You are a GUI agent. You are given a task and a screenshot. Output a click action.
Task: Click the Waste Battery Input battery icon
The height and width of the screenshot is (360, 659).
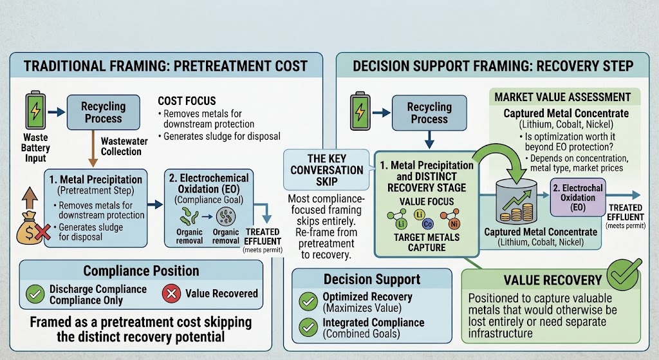pos(36,110)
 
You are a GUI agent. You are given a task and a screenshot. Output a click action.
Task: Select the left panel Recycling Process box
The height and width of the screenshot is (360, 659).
pos(104,112)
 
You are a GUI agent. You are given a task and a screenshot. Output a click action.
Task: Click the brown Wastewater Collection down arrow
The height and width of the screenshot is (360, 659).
pos(93,148)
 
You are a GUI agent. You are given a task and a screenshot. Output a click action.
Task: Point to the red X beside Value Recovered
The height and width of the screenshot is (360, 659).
pos(171,294)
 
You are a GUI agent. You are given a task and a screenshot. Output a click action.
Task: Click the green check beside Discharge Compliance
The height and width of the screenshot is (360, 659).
pos(35,294)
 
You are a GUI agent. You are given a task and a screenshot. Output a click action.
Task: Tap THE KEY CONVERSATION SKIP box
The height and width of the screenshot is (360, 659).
pos(326,170)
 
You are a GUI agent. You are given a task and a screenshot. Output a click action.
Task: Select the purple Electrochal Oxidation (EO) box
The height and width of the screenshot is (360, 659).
pos(577,197)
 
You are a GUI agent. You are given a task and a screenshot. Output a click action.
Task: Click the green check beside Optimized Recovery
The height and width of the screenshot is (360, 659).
pos(308,301)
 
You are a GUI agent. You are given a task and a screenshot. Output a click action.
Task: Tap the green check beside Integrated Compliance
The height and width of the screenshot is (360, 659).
pos(308,328)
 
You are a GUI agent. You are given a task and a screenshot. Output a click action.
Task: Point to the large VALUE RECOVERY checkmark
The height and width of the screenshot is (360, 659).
pos(624,274)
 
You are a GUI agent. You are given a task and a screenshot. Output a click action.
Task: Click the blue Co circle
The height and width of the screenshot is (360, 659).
pos(427,223)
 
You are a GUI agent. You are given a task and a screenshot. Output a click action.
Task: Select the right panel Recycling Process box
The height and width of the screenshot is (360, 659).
pos(429,113)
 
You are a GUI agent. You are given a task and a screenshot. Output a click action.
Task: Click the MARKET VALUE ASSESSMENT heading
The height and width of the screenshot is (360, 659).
pos(562,97)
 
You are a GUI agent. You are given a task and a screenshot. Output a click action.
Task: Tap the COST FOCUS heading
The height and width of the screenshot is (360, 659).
pos(187,101)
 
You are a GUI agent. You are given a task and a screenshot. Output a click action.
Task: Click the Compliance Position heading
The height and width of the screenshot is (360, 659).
pos(141,271)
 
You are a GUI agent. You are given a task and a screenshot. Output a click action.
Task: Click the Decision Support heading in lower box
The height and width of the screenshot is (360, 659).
pos(372,279)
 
